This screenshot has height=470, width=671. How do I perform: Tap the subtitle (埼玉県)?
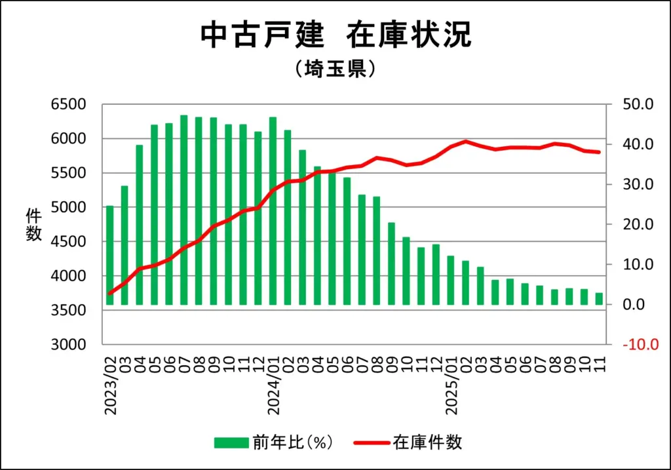335,68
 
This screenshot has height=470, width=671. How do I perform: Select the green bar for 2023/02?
109,256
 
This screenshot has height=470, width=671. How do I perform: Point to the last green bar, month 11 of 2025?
599,299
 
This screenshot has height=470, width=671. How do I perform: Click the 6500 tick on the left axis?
68,104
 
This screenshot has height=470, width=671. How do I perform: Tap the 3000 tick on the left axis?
68,345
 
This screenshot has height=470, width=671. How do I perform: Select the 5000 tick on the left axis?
68,207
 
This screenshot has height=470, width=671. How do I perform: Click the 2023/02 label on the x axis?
110,387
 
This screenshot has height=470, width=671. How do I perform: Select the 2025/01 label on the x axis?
451,387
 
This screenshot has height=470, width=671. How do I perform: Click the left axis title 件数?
33,224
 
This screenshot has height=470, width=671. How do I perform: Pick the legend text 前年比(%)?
293,442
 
